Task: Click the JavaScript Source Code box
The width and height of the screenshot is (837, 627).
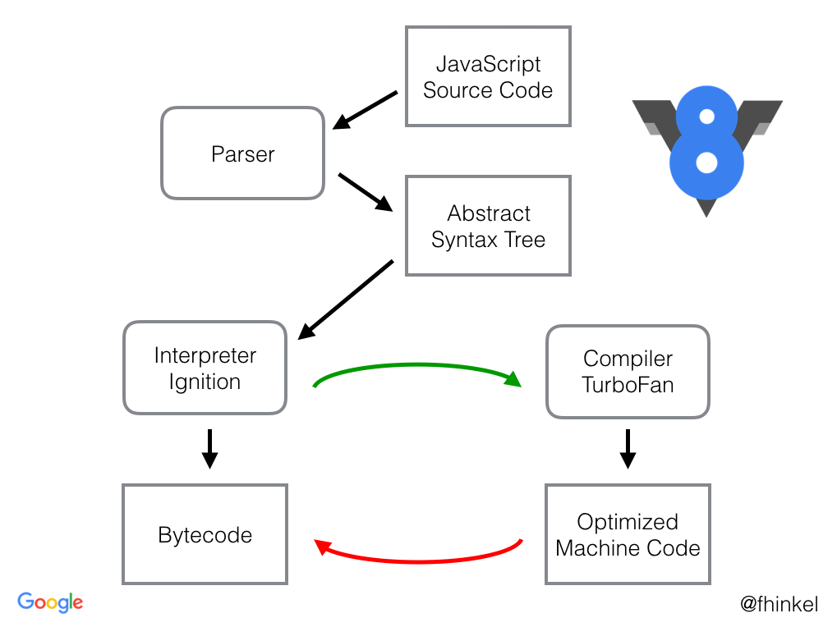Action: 488,76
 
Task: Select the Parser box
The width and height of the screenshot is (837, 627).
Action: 242,153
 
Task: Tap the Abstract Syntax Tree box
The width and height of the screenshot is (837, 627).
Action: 488,227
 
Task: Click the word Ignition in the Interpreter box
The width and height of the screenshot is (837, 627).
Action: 205,382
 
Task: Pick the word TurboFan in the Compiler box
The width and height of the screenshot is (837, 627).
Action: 628,385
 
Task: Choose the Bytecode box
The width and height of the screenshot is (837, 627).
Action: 205,535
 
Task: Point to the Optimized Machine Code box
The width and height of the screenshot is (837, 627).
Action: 628,535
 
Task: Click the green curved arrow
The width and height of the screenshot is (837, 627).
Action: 417,366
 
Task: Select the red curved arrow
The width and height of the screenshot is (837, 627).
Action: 417,561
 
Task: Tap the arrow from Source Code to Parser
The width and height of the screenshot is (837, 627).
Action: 365,110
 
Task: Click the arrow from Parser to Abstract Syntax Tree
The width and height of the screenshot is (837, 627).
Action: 366,191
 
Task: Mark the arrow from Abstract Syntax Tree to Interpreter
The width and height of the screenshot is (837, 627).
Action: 345,300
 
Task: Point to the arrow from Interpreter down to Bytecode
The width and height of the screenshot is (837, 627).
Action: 209,448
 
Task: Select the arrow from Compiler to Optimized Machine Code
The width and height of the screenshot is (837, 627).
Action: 628,448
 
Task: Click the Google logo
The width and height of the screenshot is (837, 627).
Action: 50,602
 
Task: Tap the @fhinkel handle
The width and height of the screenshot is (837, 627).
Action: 779,605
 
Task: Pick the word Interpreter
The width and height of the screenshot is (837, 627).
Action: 205,356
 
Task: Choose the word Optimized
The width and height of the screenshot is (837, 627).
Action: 628,522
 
